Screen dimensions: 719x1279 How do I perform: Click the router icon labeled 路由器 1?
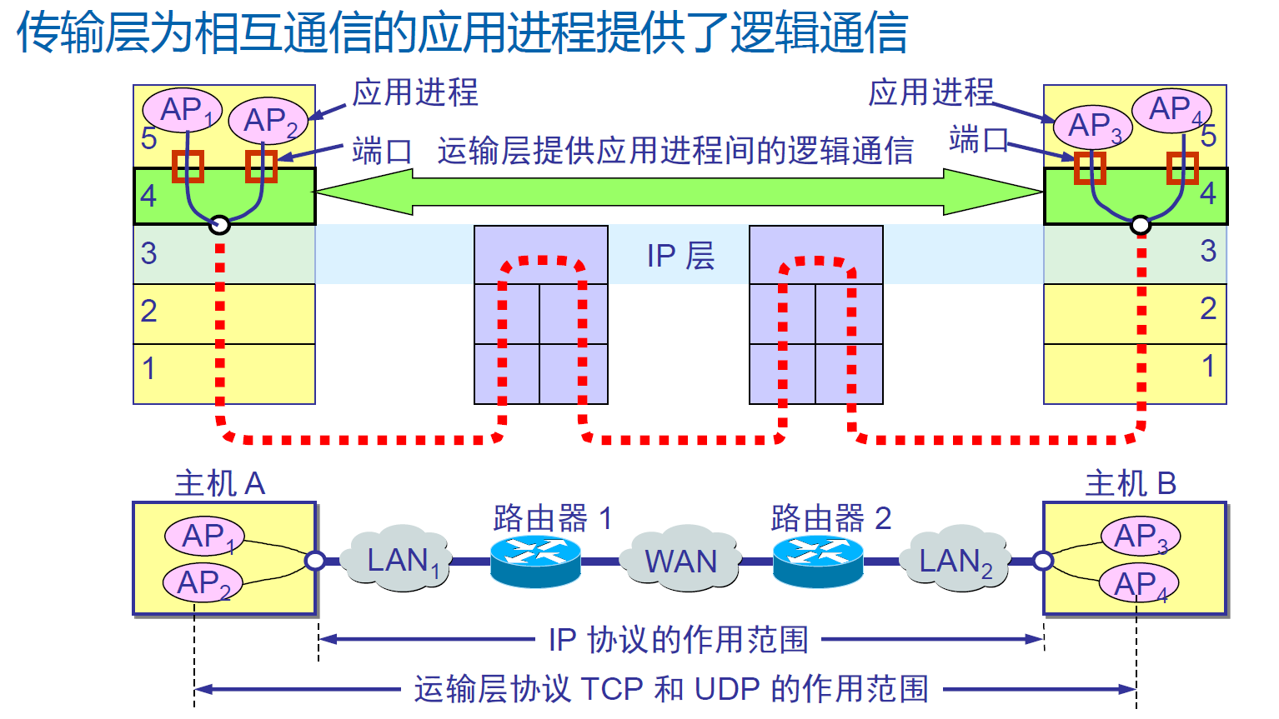point(535,562)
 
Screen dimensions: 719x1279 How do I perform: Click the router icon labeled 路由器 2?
point(817,562)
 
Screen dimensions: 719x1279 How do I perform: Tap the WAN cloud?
point(680,560)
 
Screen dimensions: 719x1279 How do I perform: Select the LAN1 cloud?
point(401,559)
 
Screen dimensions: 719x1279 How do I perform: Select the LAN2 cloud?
point(955,560)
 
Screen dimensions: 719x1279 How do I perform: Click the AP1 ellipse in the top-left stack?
point(182,110)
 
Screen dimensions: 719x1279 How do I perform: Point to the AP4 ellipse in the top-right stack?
point(1171,109)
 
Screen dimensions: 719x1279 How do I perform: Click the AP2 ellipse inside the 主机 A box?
point(203,582)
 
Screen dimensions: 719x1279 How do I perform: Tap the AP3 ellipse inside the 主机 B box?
point(1140,536)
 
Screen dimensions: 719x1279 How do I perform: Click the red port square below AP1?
point(188,166)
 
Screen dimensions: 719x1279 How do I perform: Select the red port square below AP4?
point(1181,167)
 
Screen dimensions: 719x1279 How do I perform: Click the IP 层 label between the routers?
point(680,256)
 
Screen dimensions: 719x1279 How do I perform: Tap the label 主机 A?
point(219,483)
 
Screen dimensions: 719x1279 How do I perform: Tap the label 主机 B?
point(1130,483)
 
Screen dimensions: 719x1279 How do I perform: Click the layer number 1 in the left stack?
point(149,367)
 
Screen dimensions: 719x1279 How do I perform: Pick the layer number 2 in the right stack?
point(1207,308)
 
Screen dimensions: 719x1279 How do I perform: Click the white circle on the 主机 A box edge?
point(315,560)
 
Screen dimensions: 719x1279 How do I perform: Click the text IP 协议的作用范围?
point(679,640)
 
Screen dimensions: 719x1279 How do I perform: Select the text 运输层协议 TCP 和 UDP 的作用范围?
point(671,689)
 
